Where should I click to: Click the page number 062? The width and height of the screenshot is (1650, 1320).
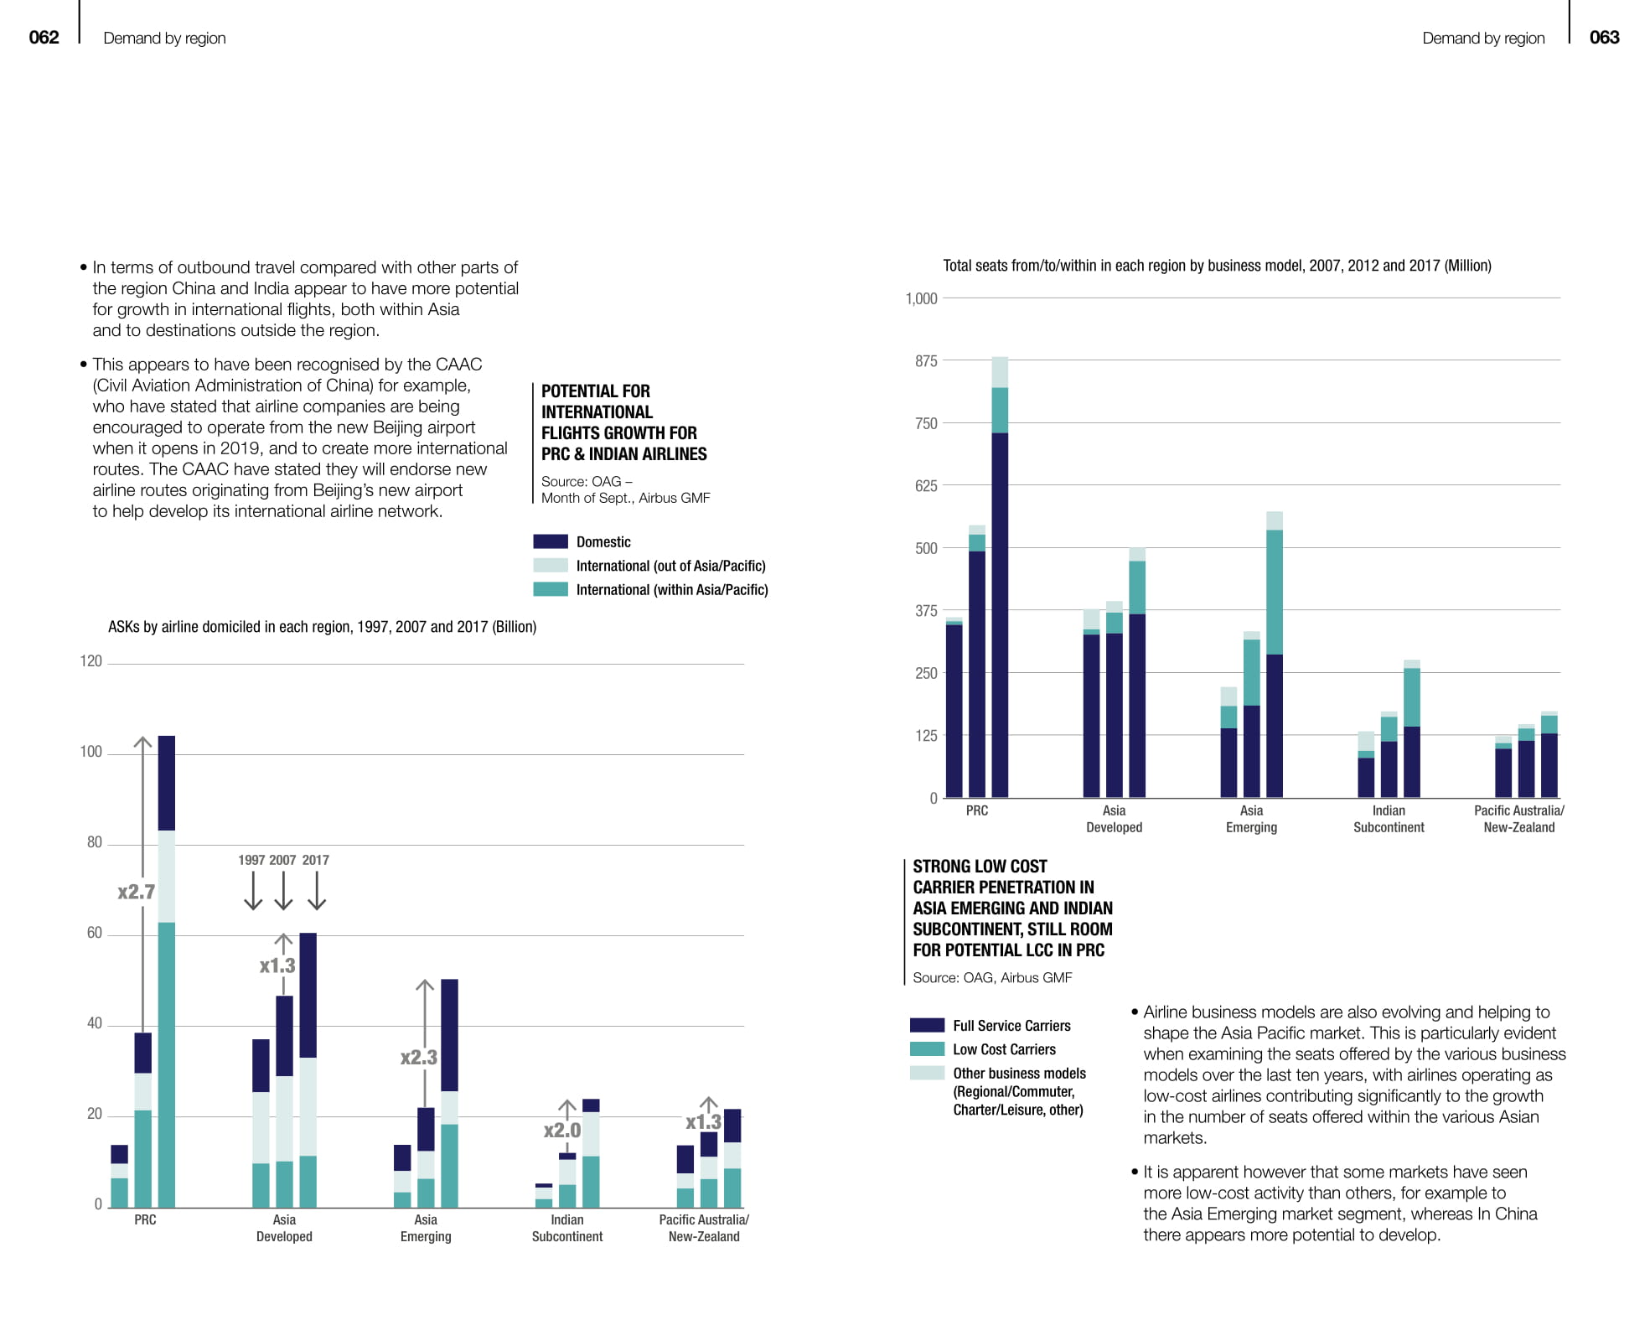click(44, 37)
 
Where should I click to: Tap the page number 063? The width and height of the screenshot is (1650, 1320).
click(1604, 37)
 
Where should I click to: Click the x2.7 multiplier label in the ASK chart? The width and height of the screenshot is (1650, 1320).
click(136, 892)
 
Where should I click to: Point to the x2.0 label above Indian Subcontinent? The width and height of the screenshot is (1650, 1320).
click(562, 1130)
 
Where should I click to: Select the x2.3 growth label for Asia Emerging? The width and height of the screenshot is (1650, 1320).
click(419, 1058)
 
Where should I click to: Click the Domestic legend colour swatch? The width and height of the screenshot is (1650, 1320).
click(551, 542)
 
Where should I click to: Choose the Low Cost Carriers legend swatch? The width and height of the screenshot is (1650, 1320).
click(927, 1049)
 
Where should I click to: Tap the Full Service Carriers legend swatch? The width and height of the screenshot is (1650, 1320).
click(927, 1025)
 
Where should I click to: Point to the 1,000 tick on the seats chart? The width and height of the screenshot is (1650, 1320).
click(921, 299)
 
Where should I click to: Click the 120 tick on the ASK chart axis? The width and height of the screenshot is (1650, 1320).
click(91, 661)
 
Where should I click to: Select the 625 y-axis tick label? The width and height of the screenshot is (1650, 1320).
click(926, 486)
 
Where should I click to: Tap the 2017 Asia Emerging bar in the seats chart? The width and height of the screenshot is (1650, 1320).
click(1275, 654)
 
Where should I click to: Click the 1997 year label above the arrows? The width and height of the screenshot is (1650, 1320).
click(251, 860)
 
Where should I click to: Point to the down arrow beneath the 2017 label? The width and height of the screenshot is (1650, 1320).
click(317, 892)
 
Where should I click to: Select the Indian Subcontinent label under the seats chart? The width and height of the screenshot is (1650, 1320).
click(1389, 819)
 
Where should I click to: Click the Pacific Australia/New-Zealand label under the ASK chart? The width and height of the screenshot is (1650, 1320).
click(704, 1228)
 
